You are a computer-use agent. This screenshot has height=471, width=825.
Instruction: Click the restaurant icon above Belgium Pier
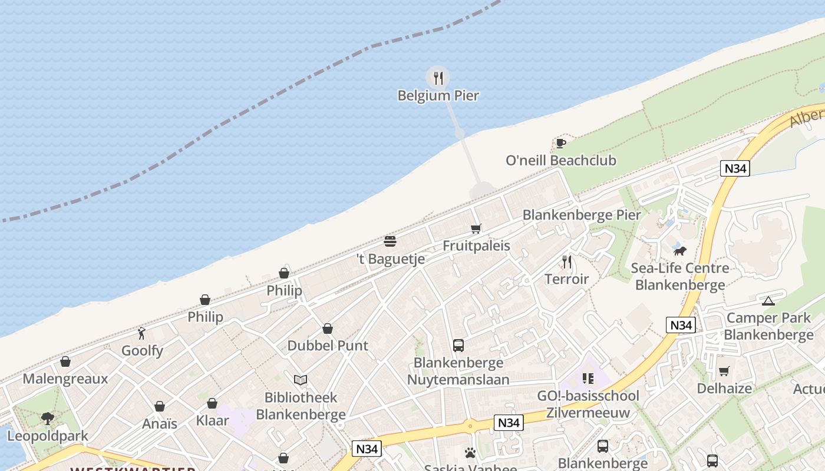pos(438,78)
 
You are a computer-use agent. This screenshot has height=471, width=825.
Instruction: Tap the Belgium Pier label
pos(438,95)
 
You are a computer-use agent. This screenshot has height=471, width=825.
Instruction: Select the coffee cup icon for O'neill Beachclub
pos(560,143)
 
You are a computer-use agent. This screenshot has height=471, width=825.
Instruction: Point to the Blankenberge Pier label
pos(581,215)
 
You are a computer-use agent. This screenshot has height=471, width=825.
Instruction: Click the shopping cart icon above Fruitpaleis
pos(476,228)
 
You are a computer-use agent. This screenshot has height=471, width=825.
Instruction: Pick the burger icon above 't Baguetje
pos(390,241)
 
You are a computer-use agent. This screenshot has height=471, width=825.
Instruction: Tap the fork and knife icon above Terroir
pos(567,261)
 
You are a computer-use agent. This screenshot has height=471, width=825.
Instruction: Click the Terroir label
pos(566,279)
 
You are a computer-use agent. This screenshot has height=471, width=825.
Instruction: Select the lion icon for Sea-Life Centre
pos(680,251)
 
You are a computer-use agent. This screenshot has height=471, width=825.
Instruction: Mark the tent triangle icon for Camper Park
pos(768,301)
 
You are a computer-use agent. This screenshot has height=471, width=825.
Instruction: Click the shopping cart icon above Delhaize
pos(724,372)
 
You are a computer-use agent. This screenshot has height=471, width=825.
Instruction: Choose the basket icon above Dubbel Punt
pos(328,329)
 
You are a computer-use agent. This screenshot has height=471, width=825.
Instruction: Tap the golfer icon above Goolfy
pos(141,334)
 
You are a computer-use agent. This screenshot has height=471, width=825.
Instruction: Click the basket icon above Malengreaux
pos(65,361)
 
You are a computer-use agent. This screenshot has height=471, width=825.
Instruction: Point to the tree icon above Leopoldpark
pos(48,419)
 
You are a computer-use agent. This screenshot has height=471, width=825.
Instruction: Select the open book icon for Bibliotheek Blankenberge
pos(301,380)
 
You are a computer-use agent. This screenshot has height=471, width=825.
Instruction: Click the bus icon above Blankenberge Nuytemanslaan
pos(458,346)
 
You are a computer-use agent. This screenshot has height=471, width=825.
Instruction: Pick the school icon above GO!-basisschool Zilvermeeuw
pos(588,379)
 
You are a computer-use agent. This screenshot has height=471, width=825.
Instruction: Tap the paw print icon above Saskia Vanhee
pos(470,453)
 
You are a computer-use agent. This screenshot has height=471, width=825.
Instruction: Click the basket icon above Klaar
pos(212,404)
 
